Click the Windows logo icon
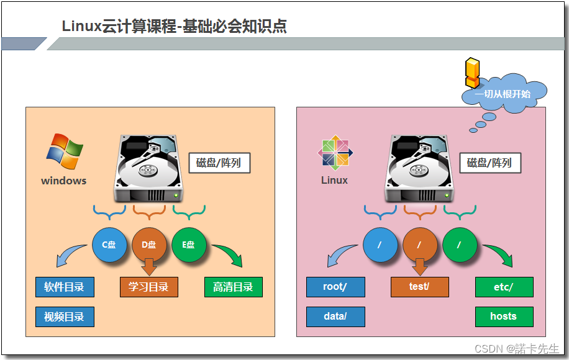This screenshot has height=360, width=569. click(65, 151)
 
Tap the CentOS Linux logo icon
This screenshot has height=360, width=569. click(335, 152)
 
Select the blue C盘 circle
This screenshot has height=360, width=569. click(109, 245)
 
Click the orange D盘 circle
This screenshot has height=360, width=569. click(149, 245)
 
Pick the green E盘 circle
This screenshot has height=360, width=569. click(189, 245)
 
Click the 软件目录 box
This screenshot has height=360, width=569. click(65, 287)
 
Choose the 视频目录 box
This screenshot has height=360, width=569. click(65, 317)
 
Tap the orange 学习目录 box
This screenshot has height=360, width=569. click(148, 287)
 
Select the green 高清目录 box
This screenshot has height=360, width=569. click(233, 287)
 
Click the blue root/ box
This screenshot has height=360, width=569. click(335, 287)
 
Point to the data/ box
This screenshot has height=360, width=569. click(335, 317)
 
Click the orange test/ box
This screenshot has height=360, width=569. click(419, 287)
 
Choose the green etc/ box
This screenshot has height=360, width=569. click(504, 287)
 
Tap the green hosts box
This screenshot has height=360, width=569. click(504, 317)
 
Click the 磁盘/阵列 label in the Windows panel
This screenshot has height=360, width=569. click(219, 163)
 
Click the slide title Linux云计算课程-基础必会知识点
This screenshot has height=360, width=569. click(174, 27)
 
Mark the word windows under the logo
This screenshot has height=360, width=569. click(64, 181)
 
